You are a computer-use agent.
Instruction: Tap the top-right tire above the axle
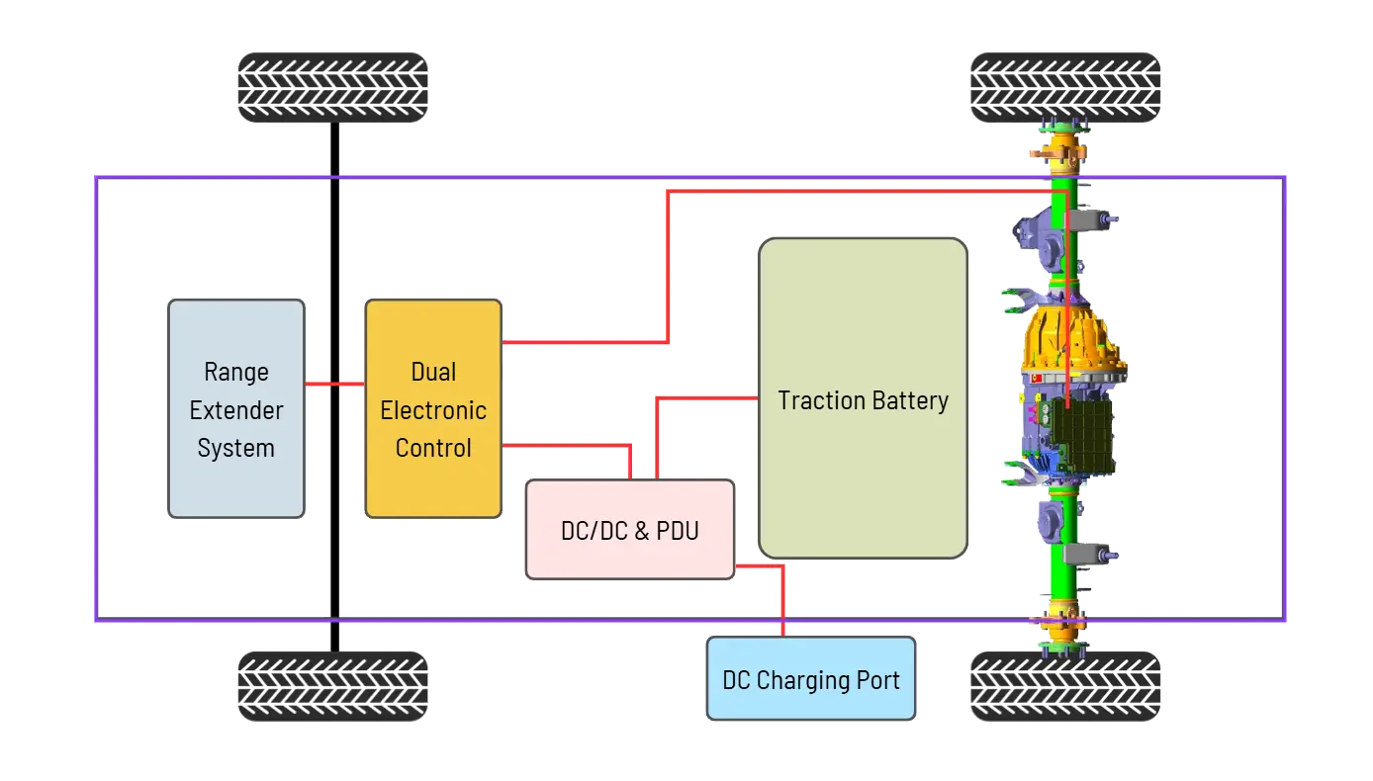click(1065, 88)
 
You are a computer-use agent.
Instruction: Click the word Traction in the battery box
click(816, 400)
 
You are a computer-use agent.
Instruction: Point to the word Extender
click(236, 410)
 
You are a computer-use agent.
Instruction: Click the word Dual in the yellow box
click(433, 373)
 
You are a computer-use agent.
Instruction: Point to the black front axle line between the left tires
click(333, 247)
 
